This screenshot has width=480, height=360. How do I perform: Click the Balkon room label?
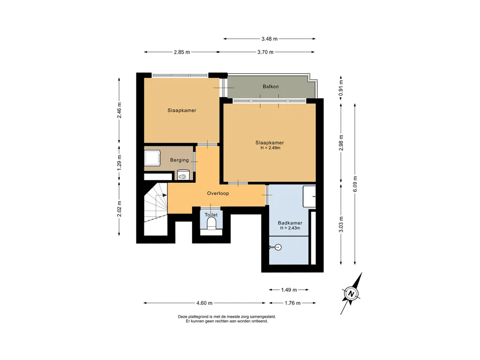tap(270, 87)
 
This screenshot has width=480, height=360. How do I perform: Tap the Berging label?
tap(180, 160)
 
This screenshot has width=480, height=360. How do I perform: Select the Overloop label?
tap(218, 194)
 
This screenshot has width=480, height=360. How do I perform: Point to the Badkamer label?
tap(290, 223)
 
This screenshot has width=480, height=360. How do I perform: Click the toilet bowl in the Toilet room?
tap(211, 225)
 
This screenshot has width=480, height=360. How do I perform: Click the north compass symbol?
tap(352, 293)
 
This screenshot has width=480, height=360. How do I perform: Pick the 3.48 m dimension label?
tap(270, 39)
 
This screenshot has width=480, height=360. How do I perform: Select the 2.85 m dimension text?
tap(182, 52)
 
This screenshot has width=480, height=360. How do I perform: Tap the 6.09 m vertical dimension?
tap(355, 184)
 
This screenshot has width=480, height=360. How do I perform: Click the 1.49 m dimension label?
tap(289, 290)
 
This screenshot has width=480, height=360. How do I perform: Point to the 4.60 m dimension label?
tap(204, 303)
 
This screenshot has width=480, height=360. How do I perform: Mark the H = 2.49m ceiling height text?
tap(270, 148)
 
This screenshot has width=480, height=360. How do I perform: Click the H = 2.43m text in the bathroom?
tap(290, 228)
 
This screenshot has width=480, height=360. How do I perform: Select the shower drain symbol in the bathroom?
tap(277, 247)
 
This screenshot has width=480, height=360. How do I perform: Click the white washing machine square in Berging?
tap(152, 158)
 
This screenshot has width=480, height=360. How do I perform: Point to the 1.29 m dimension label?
tap(120, 163)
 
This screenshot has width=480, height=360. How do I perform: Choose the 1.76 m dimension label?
tap(292, 303)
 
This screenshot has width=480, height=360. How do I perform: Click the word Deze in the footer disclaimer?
tap(182, 317)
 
